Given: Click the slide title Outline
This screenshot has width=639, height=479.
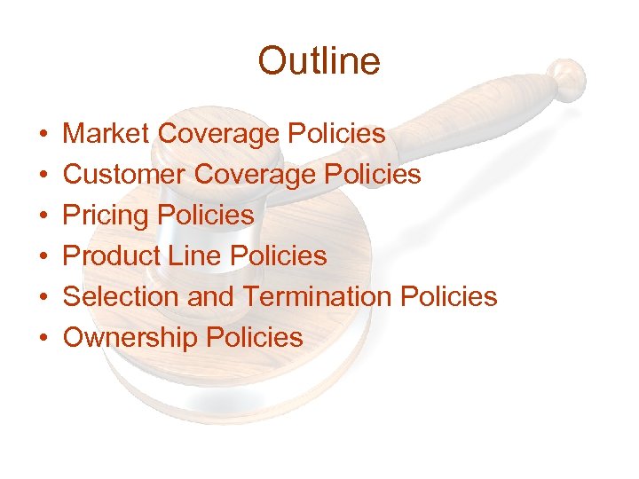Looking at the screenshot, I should (x=319, y=61).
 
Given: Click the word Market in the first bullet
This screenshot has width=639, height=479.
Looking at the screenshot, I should (x=106, y=134).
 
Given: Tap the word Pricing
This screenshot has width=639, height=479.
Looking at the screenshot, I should (x=106, y=216).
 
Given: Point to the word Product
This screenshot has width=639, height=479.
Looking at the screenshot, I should (x=111, y=256).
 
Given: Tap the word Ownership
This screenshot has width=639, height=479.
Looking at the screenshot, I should (x=131, y=337).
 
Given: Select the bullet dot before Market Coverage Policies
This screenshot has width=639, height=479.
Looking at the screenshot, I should (x=43, y=135).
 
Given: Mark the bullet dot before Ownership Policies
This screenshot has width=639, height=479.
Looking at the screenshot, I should (x=43, y=338).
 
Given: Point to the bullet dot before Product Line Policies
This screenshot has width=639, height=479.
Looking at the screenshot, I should (x=43, y=257).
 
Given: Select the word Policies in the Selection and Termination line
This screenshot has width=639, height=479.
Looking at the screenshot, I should (x=449, y=296).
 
